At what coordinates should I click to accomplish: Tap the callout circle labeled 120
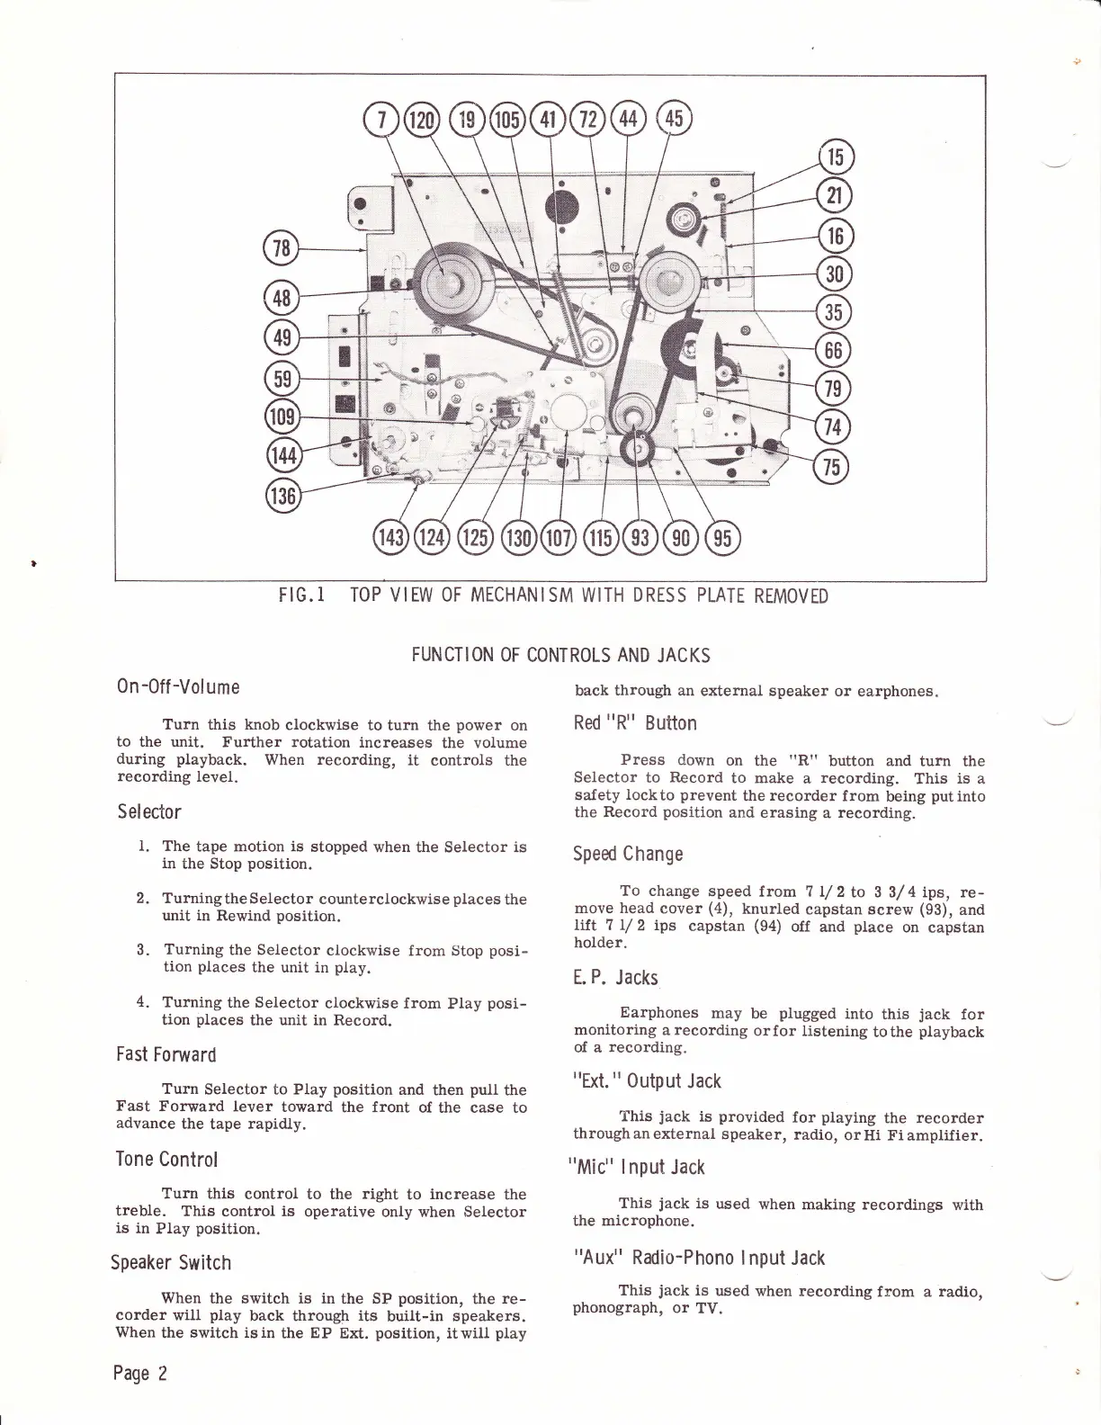click(x=420, y=120)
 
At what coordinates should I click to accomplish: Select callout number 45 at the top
click(x=675, y=119)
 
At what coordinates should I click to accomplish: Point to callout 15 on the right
click(x=836, y=157)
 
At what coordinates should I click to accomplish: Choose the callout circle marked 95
click(x=722, y=538)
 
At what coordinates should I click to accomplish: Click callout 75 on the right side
click(x=830, y=467)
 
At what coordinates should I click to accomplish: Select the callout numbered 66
click(x=830, y=350)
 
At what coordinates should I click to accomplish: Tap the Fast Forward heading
click(x=166, y=1054)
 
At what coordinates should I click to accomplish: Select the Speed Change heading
click(x=628, y=854)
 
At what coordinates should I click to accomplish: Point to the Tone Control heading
click(x=167, y=1159)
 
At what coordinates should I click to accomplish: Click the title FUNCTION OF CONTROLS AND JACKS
click(x=560, y=655)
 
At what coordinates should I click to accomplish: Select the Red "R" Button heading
click(x=635, y=723)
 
